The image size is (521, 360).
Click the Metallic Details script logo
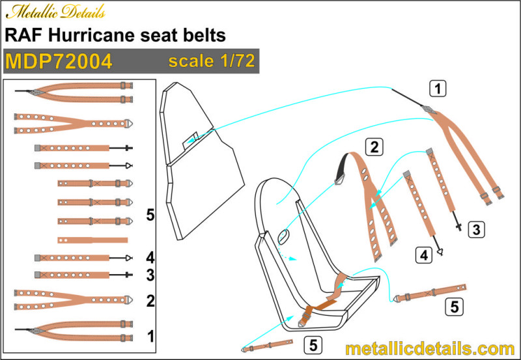point(55,12)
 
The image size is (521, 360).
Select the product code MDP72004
point(59,61)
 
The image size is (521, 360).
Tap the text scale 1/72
point(212,61)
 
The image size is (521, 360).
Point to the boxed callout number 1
point(438,89)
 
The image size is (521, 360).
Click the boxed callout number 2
point(374,146)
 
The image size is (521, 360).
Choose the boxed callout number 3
point(476,230)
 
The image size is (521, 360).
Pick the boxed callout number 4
point(424,255)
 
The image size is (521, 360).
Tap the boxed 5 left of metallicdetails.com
point(313,345)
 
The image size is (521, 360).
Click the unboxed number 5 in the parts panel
point(150,215)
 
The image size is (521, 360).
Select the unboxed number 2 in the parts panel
point(150,301)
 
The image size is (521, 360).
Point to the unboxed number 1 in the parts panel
point(150,337)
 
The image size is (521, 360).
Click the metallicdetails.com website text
point(430,349)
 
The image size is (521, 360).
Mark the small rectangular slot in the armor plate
point(190,141)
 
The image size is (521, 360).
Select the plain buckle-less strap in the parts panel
point(92,240)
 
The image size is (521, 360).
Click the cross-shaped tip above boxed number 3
point(459,227)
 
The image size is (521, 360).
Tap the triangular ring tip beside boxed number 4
point(440,253)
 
